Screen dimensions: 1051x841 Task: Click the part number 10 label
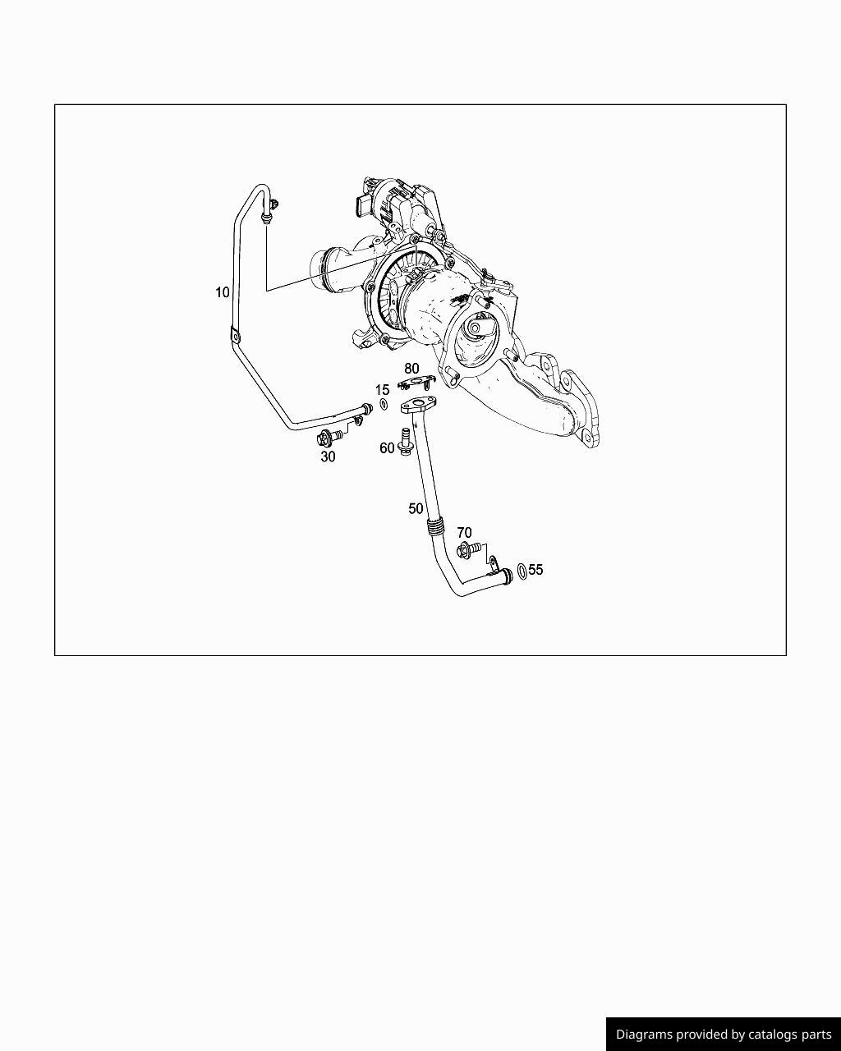click(223, 292)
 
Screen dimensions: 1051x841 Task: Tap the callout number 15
click(383, 390)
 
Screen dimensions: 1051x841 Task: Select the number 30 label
click(328, 457)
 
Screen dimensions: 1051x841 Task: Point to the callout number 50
click(416, 509)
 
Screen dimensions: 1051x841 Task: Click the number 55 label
click(535, 569)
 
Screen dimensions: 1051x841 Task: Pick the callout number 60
click(387, 448)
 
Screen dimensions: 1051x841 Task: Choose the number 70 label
click(464, 534)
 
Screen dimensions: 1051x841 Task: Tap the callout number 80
click(411, 369)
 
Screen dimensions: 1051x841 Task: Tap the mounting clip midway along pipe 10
click(234, 336)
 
